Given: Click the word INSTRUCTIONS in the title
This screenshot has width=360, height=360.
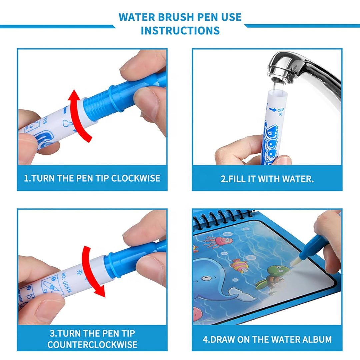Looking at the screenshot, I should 180,30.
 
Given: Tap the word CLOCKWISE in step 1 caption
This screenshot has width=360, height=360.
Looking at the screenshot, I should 135,178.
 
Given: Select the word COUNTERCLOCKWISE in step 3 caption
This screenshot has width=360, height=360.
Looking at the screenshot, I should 92,344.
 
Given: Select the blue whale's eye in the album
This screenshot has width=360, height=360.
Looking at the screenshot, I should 207,278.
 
